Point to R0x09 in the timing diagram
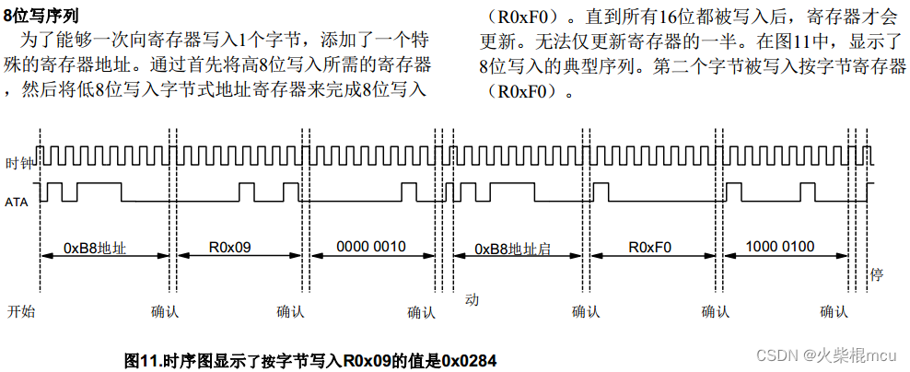(230, 247)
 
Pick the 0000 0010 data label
(371, 247)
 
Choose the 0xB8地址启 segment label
(513, 249)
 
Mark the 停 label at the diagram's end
(877, 275)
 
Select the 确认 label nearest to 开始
(165, 311)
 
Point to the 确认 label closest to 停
(834, 311)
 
